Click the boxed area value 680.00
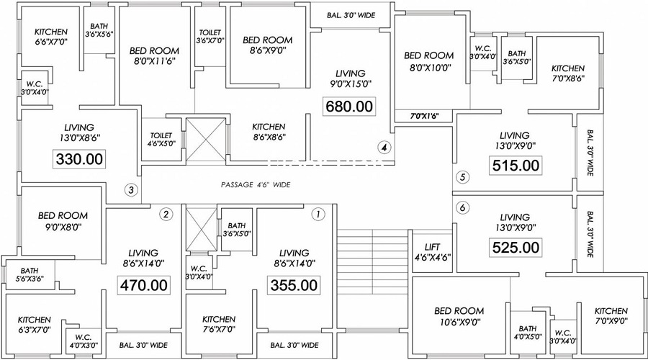tap(349, 107)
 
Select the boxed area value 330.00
tap(79, 159)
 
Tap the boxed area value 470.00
tap(144, 285)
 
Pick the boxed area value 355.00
tap(294, 285)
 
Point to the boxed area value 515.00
tap(516, 166)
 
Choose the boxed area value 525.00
tap(516, 248)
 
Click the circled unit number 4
tap(384, 147)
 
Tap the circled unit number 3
tap(131, 190)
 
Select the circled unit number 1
tap(318, 214)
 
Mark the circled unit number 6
tap(462, 207)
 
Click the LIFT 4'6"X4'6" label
tap(432, 252)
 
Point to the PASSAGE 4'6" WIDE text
tap(256, 185)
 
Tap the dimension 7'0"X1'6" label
tap(423, 117)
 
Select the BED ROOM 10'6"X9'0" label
tap(459, 316)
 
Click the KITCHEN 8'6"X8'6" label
tap(269, 132)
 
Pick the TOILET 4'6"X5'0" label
tap(161, 140)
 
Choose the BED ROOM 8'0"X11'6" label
tap(154, 56)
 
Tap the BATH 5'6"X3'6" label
tap(30, 275)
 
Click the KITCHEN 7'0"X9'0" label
tap(611, 316)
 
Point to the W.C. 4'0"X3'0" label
tap(84, 341)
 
